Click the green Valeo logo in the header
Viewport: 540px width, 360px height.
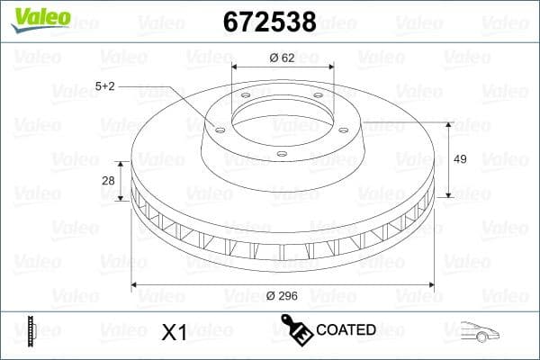pyautogui.click(x=39, y=18)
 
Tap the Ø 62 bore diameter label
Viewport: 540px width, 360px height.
pyautogui.click(x=283, y=58)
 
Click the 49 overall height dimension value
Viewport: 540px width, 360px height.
pyautogui.click(x=459, y=159)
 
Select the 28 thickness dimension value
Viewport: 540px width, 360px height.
pyautogui.click(x=108, y=181)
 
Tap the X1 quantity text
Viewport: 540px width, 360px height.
pyautogui.click(x=173, y=332)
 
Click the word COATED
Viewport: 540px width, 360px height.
pyautogui.click(x=346, y=329)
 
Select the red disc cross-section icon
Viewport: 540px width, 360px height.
pyautogui.click(x=31, y=331)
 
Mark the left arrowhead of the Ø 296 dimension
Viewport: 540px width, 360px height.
pyautogui.click(x=136, y=285)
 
